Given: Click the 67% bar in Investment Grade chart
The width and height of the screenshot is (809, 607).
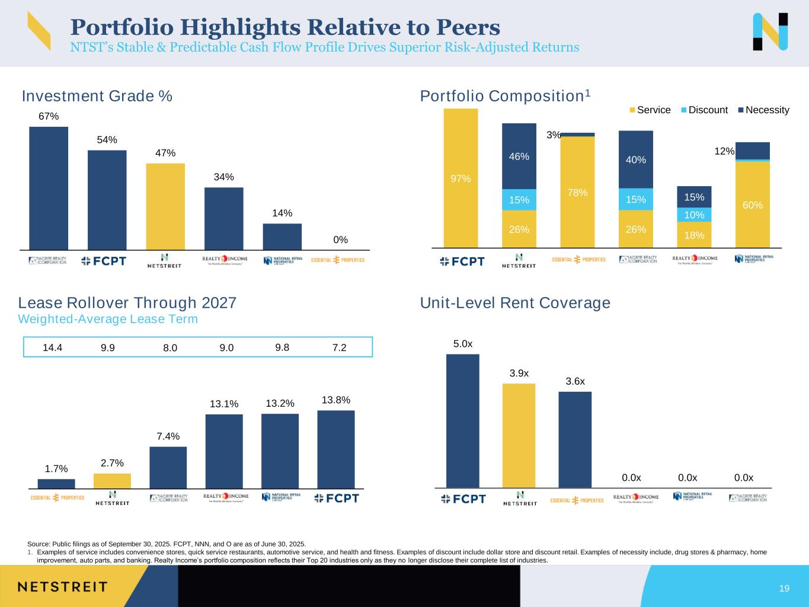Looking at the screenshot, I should pyautogui.click(x=49, y=189).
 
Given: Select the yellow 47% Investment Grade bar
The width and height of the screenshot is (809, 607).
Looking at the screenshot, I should pyautogui.click(x=165, y=206).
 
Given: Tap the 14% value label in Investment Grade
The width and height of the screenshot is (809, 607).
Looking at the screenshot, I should pyautogui.click(x=282, y=213).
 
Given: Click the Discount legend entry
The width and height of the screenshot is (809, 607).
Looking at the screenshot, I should pyautogui.click(x=704, y=110).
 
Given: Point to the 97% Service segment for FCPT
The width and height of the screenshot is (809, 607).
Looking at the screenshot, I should pyautogui.click(x=461, y=178).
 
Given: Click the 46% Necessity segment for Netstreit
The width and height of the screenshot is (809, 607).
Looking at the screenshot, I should pyautogui.click(x=519, y=156).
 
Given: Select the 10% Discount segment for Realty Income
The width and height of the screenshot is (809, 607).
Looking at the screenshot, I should pyautogui.click(x=694, y=215).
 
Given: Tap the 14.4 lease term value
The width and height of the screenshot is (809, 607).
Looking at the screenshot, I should pyautogui.click(x=53, y=347).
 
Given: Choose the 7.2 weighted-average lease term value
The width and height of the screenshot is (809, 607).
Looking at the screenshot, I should pyautogui.click(x=339, y=347).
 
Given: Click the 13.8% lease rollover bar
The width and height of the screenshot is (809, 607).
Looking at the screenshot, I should pyautogui.click(x=336, y=449).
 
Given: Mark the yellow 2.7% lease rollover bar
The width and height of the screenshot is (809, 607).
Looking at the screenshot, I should pyautogui.click(x=112, y=481).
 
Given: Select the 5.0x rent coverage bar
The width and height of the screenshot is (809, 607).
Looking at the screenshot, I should pyautogui.click(x=462, y=421).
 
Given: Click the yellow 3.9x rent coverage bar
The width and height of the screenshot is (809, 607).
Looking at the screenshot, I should pyautogui.click(x=519, y=436).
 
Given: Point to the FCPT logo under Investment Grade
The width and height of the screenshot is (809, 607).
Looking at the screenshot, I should pyautogui.click(x=104, y=261).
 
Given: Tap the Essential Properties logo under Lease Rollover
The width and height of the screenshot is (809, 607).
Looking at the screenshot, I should pyautogui.click(x=57, y=498).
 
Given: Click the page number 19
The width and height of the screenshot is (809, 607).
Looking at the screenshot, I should pyautogui.click(x=784, y=589).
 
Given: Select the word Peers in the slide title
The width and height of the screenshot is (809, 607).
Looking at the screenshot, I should pyautogui.click(x=468, y=27).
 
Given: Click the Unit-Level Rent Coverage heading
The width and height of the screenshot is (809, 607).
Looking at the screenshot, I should pyautogui.click(x=515, y=303).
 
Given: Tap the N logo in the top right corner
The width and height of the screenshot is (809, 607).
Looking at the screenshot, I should pyautogui.click(x=770, y=31).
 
